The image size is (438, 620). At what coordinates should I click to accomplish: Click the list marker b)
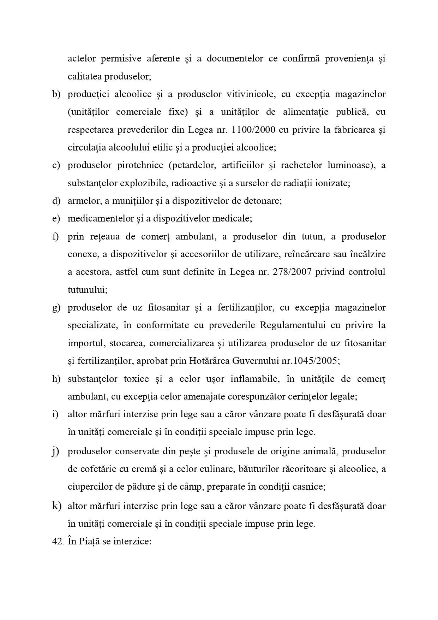click(x=56, y=94)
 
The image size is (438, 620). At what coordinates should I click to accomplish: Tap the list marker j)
click(x=55, y=451)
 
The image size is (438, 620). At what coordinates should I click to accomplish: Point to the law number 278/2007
click(x=292, y=272)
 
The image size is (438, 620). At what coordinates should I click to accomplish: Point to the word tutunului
click(x=86, y=290)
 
